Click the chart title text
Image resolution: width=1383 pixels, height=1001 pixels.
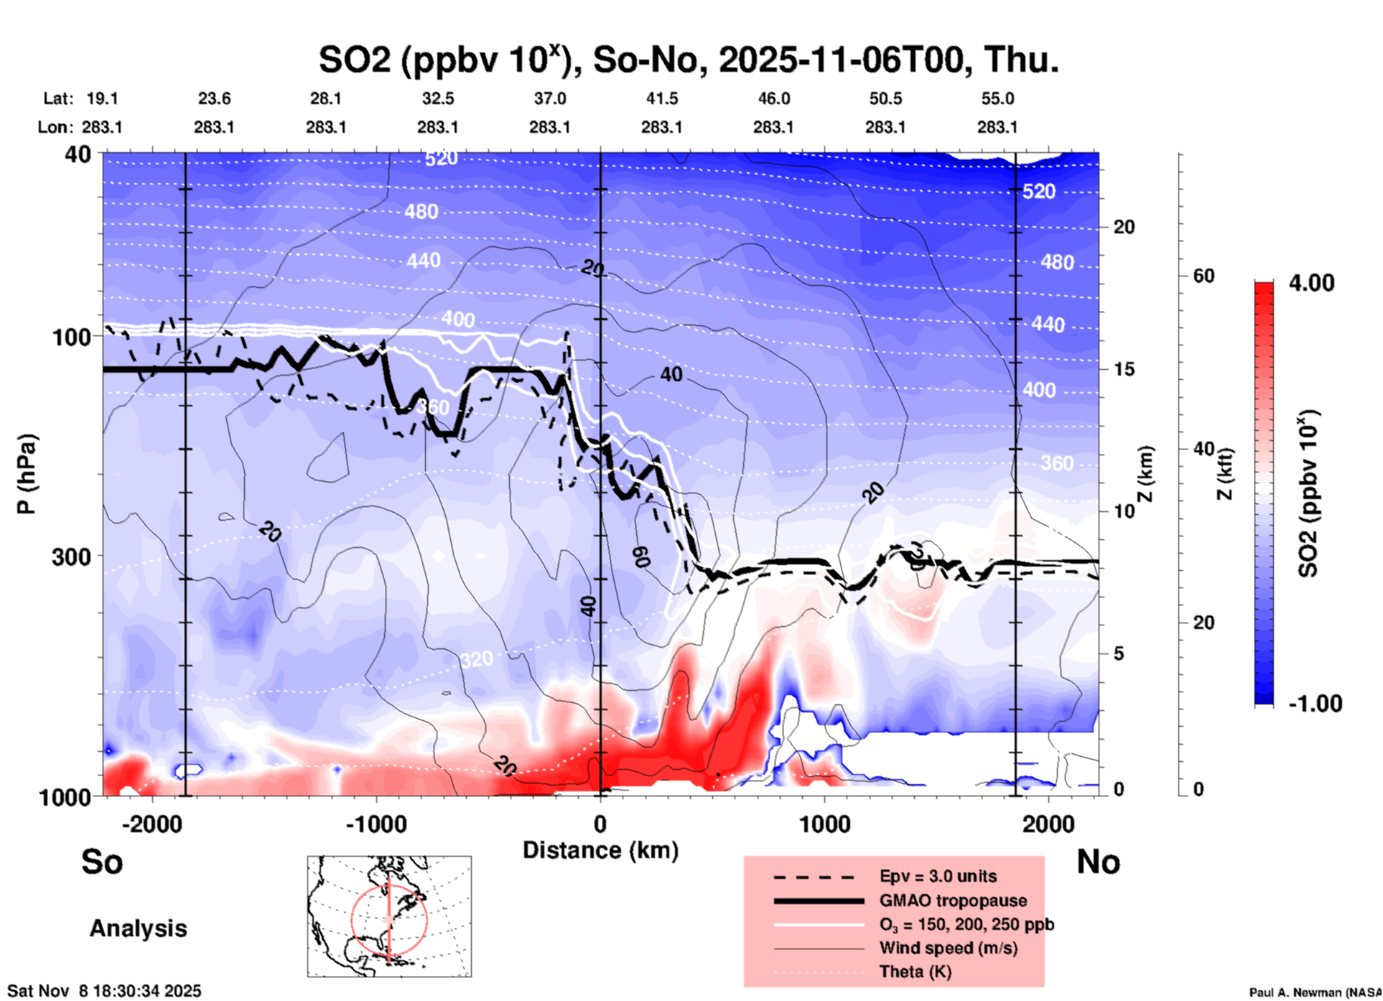point(689,60)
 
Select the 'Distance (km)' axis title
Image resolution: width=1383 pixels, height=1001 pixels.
point(600,850)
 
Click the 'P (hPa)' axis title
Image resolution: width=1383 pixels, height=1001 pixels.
point(27,474)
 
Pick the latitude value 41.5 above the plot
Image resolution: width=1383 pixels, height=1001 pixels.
point(661,98)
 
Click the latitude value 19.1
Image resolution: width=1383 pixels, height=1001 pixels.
point(102,98)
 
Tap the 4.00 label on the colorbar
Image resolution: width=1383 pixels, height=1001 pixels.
point(1311,283)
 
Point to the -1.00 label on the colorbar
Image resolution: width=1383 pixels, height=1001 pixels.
point(1315,704)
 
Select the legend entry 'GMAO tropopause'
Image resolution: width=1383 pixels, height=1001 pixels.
point(953,900)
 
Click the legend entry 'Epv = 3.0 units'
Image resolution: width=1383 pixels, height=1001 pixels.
point(938,876)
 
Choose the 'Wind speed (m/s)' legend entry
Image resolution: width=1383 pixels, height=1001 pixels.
point(948,948)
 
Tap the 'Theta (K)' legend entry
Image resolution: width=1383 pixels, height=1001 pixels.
point(915,972)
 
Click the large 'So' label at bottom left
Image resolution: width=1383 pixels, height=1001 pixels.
point(102,862)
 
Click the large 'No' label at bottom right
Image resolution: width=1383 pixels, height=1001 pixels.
point(1098,862)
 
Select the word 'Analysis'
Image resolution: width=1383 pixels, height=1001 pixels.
point(138,928)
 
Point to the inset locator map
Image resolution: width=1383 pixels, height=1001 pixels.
point(389,916)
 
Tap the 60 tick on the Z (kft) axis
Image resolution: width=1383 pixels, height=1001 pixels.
point(1203,276)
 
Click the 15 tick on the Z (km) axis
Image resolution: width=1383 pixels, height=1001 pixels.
point(1123,369)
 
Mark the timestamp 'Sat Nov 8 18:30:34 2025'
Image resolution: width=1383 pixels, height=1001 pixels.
point(105,991)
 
